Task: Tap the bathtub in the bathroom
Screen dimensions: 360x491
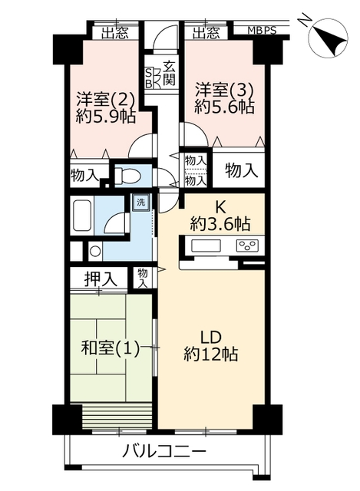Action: [x=82, y=216]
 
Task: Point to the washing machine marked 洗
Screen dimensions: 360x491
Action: [x=140, y=203]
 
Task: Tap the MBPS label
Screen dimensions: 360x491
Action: [x=262, y=31]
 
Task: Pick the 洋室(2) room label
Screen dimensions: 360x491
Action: [x=106, y=99]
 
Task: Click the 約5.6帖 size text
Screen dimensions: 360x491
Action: [x=223, y=107]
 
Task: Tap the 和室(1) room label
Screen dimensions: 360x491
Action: [x=111, y=348]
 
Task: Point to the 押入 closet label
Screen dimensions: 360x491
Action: [x=101, y=278]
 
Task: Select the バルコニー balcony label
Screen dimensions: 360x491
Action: [x=163, y=451]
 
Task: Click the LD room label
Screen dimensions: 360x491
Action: [x=211, y=338]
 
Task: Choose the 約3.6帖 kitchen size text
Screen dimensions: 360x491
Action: [x=220, y=224]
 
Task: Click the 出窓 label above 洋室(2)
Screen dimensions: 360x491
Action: [x=115, y=33]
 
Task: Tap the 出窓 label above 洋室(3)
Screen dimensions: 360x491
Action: [x=206, y=33]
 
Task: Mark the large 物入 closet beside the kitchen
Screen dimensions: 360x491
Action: [x=241, y=170]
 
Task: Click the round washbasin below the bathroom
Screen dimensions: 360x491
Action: [x=95, y=251]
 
